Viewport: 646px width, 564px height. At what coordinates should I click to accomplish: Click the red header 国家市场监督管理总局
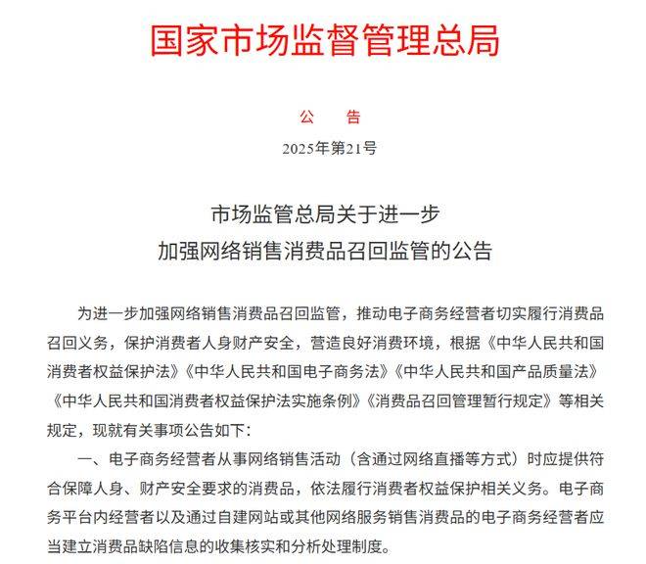click(325, 39)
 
